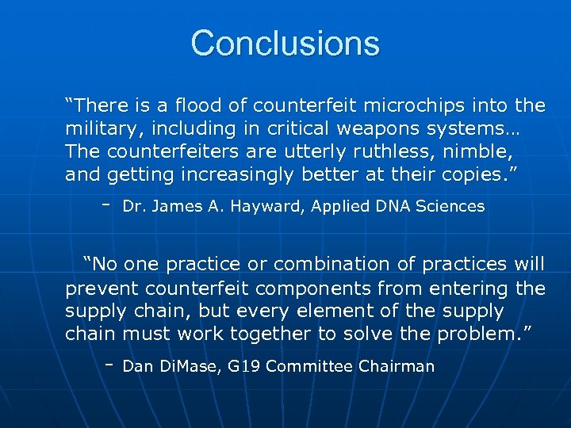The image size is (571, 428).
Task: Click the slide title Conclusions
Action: [285, 44]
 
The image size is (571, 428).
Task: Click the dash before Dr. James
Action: [105, 203]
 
